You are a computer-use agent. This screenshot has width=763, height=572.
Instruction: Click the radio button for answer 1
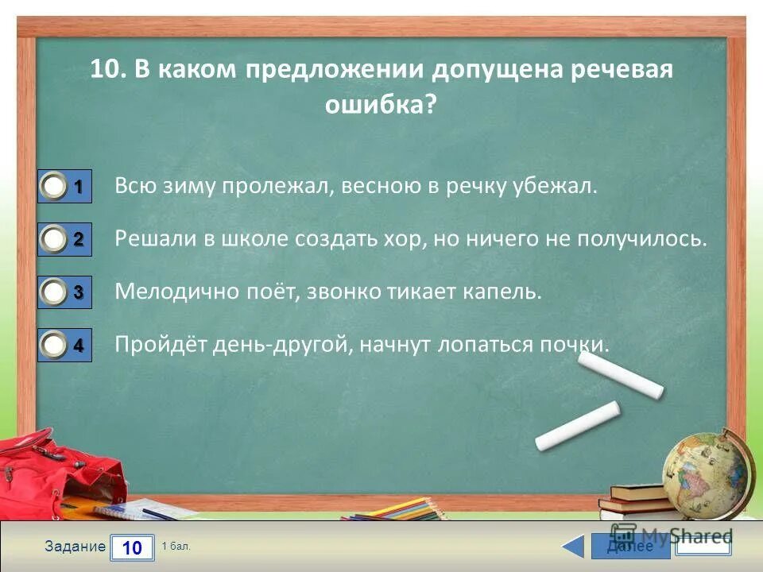(x=55, y=187)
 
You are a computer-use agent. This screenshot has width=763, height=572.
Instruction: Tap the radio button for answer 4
(x=55, y=346)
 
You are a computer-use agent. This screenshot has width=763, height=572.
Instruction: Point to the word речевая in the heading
(x=622, y=69)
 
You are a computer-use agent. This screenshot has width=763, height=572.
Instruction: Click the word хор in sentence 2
(x=402, y=239)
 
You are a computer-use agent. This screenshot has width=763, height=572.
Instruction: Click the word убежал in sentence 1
(x=560, y=187)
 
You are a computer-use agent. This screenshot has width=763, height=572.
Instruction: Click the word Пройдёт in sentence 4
(x=161, y=344)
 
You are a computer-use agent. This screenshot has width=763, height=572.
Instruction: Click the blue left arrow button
(x=572, y=547)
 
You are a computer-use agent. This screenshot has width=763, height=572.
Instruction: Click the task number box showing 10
(x=132, y=547)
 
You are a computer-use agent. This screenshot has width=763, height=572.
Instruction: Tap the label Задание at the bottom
(x=75, y=547)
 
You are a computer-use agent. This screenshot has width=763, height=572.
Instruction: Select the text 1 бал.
(x=176, y=547)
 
